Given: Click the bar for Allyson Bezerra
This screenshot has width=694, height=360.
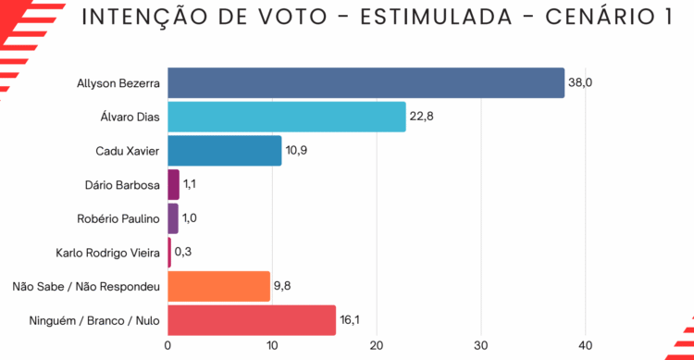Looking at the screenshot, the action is [x=366, y=82].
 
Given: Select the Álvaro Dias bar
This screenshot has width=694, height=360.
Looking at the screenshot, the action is [x=287, y=117].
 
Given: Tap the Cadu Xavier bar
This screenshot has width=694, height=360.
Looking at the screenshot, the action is [x=225, y=151].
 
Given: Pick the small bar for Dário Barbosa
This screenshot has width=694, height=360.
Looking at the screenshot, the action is [x=174, y=185].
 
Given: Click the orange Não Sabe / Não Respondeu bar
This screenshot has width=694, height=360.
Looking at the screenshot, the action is [x=218, y=287].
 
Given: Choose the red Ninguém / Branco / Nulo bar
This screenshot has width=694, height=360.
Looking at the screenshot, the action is [x=252, y=320].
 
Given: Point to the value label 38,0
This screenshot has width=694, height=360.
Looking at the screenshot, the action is [x=580, y=82].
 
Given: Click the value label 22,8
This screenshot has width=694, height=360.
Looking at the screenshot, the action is [x=421, y=117].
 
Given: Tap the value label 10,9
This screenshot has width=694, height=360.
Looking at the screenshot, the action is [x=296, y=151].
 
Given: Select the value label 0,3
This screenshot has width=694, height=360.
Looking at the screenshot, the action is [x=183, y=252].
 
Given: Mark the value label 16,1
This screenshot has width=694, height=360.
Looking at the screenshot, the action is [x=350, y=319].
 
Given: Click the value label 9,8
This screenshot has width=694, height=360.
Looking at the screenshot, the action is [x=282, y=286].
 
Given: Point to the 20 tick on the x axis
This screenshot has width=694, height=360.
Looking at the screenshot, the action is [x=377, y=346].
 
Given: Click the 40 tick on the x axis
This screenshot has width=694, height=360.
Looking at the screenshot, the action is [x=586, y=346].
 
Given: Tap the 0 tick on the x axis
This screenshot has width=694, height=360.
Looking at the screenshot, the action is [x=167, y=346].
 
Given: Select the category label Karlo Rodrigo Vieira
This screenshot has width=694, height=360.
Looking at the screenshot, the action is [x=107, y=253].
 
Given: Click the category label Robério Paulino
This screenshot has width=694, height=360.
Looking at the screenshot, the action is [x=118, y=218].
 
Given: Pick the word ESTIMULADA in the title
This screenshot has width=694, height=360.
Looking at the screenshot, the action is [x=437, y=17].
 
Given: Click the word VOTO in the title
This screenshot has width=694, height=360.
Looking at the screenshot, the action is [x=293, y=17].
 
